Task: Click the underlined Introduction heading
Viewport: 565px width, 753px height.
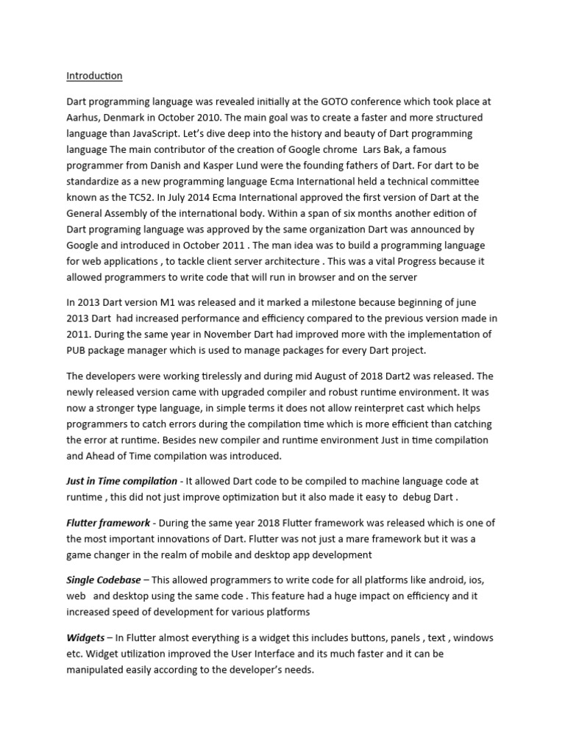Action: pyautogui.click(x=94, y=76)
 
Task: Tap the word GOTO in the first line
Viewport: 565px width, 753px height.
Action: pyautogui.click(x=341, y=102)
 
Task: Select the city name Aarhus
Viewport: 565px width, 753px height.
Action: pyautogui.click(x=82, y=118)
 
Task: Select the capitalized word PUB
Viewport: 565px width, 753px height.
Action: pyautogui.click(x=77, y=351)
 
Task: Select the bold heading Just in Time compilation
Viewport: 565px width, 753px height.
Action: pyautogui.click(x=121, y=481)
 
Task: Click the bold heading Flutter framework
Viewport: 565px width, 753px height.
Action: pyautogui.click(x=107, y=523)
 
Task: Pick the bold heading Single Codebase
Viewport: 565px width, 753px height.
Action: pyautogui.click(x=104, y=581)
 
